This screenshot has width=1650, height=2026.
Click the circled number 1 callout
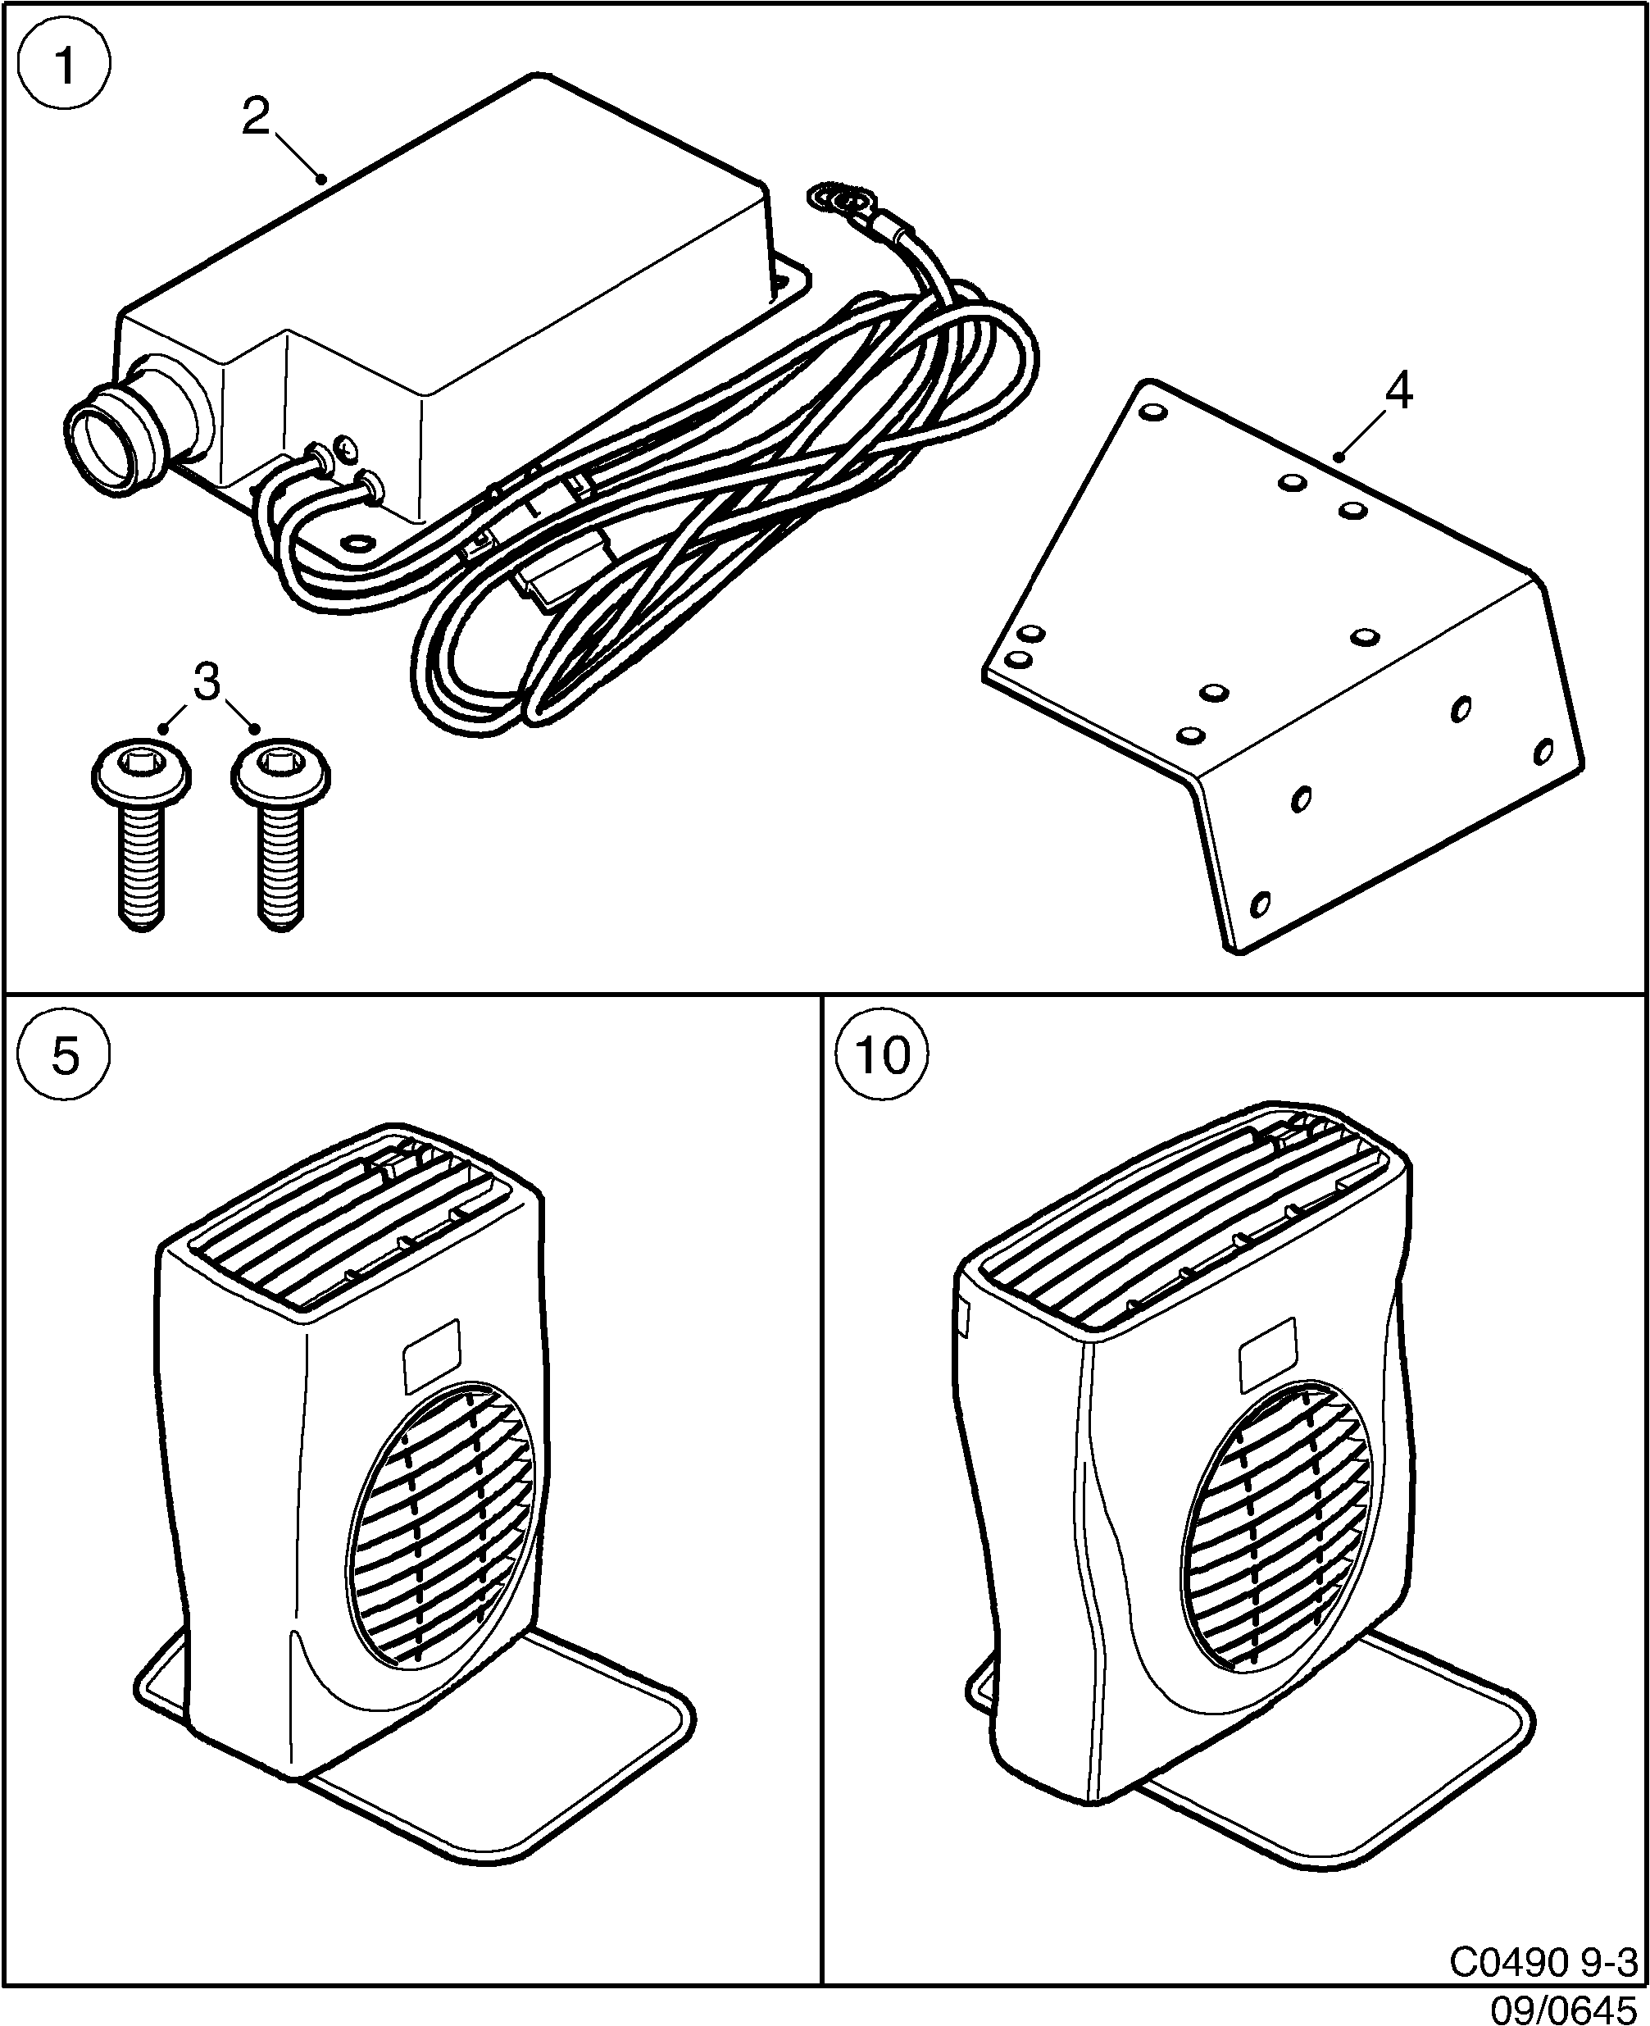point(65,66)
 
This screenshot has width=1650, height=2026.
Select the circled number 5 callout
point(65,1054)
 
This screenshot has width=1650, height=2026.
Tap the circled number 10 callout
point(883,1054)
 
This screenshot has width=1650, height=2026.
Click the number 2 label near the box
point(256,118)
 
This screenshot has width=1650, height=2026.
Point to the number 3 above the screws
point(207,681)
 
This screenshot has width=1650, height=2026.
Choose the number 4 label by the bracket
point(1398,391)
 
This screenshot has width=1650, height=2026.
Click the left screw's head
point(142,767)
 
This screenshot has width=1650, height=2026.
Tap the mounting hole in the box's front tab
point(360,544)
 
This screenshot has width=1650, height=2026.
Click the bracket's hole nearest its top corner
point(1152,415)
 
